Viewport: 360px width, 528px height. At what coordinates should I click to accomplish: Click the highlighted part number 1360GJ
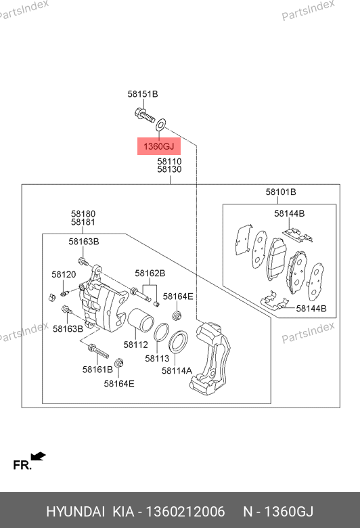click(158, 146)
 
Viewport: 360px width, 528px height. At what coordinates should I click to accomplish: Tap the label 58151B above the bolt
click(143, 94)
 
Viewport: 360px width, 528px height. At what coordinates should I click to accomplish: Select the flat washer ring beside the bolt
click(160, 125)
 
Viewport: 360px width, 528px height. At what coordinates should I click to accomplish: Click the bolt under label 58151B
click(144, 115)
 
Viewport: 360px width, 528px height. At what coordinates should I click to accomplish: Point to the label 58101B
click(281, 192)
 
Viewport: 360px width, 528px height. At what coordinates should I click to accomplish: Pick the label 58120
click(64, 274)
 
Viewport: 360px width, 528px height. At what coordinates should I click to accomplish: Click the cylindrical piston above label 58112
click(141, 320)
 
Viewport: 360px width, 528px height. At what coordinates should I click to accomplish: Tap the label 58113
click(157, 359)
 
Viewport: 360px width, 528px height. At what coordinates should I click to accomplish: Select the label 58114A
click(177, 371)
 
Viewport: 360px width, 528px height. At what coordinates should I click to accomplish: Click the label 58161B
click(97, 370)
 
